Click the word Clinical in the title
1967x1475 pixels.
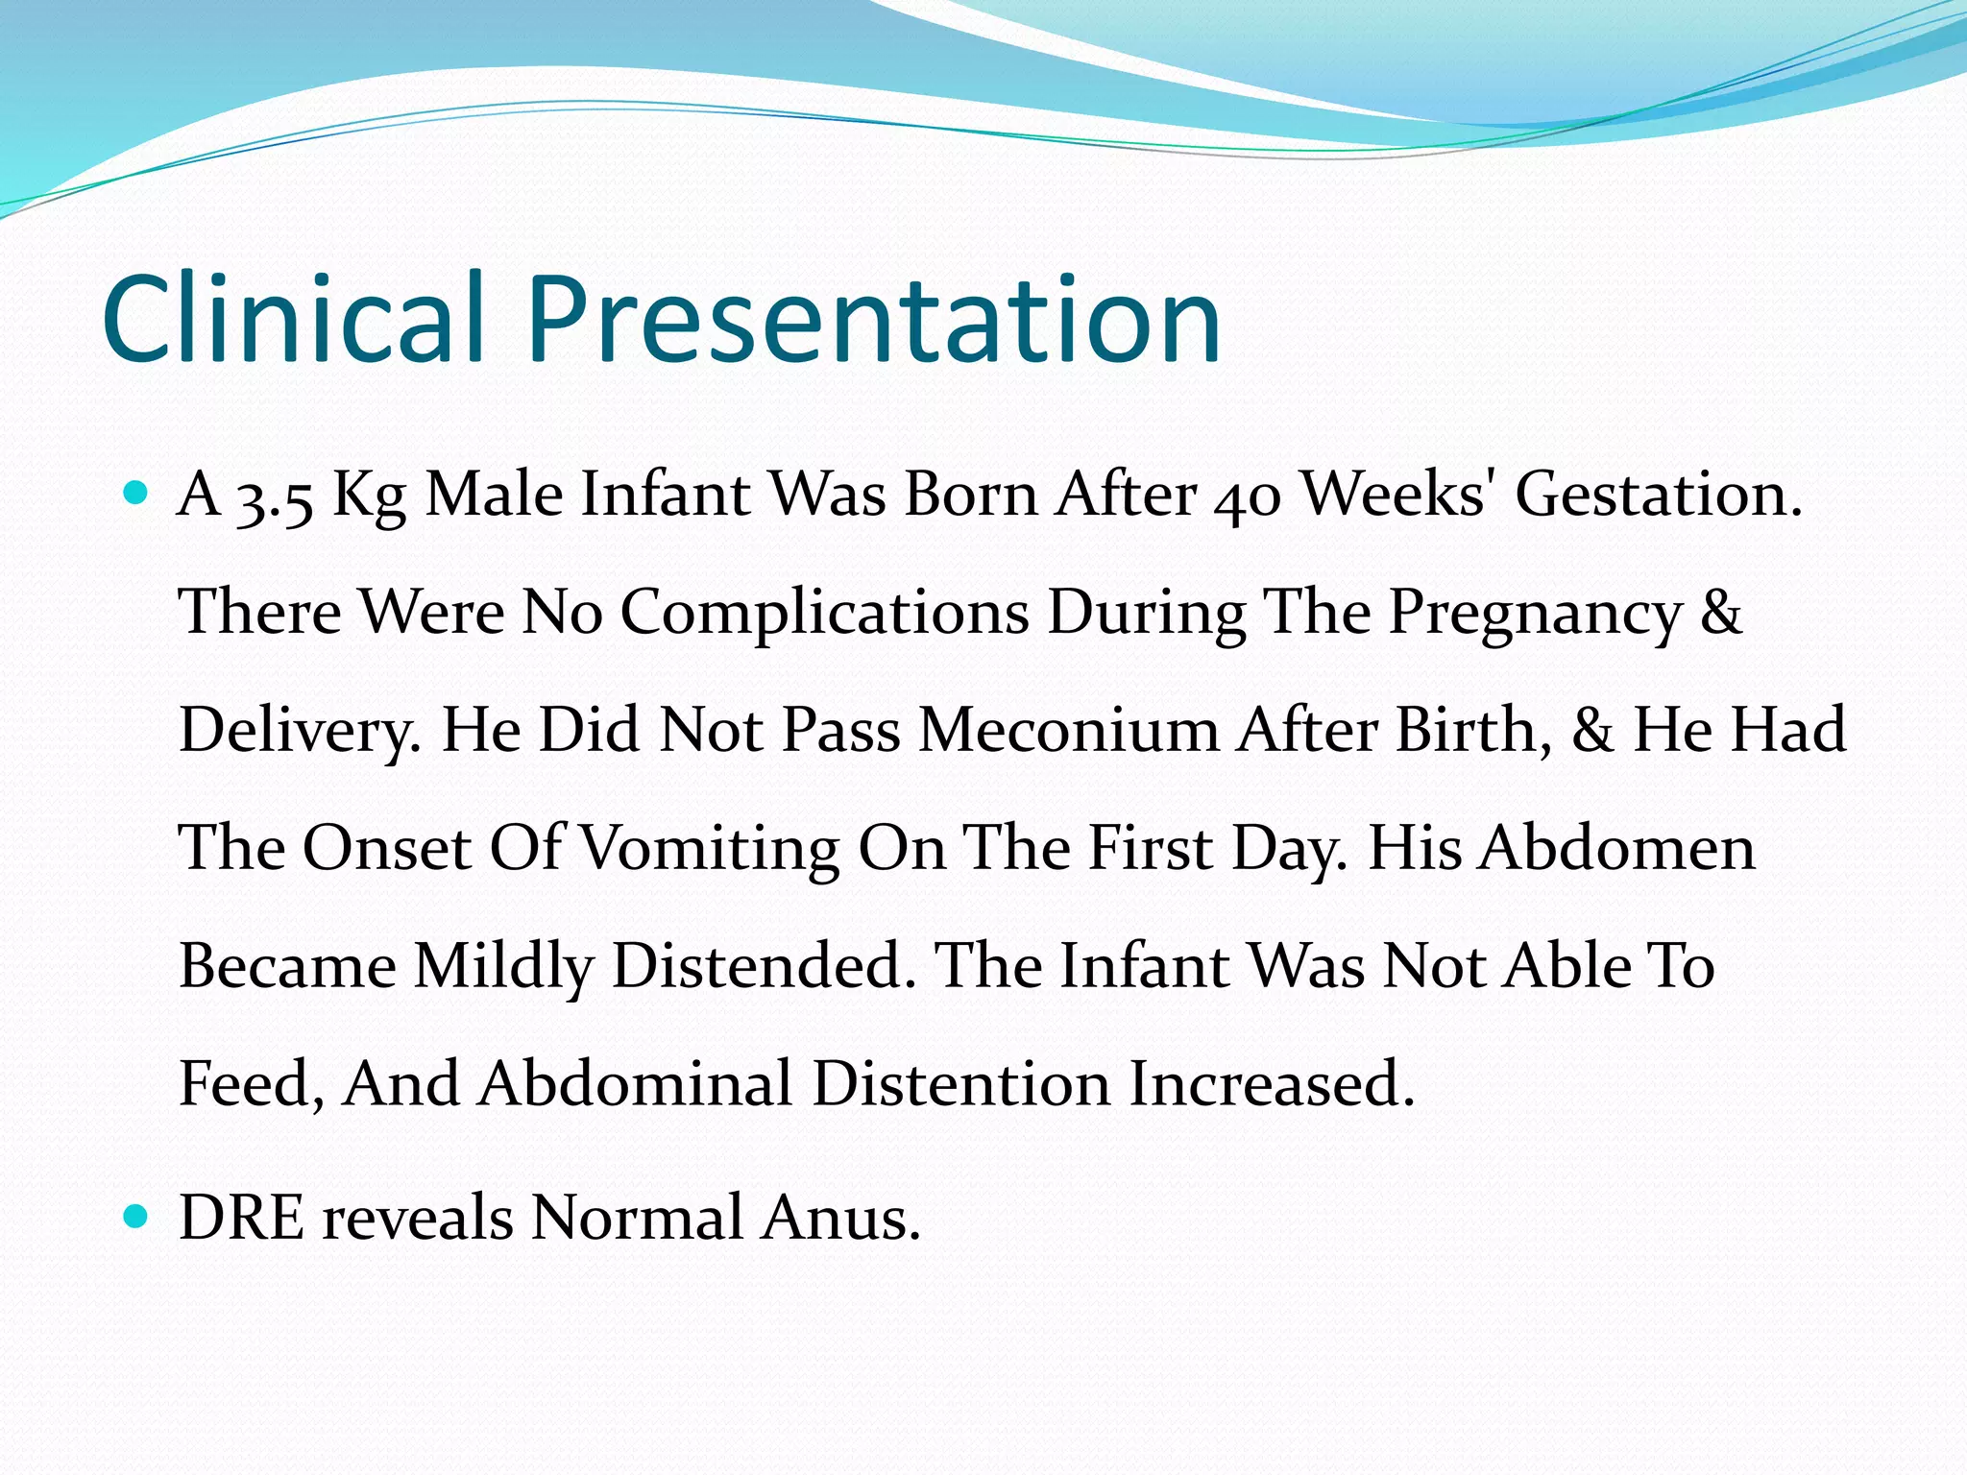(x=292, y=319)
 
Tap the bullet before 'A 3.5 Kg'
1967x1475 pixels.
(x=136, y=495)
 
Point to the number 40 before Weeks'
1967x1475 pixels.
(x=1247, y=497)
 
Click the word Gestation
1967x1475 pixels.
(x=1658, y=496)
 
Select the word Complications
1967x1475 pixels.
(x=824, y=613)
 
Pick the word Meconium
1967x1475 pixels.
(x=1068, y=730)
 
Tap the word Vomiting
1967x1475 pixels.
(x=711, y=849)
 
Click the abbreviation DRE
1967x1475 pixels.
(x=242, y=1218)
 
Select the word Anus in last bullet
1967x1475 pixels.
(x=840, y=1218)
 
